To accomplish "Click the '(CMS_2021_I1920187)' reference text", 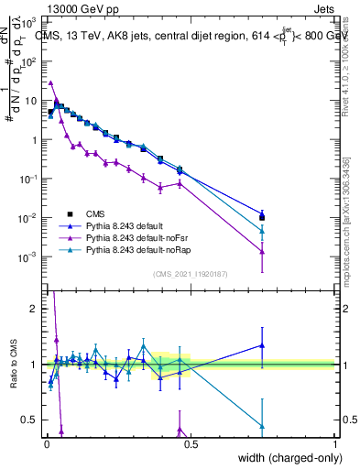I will click(x=191, y=274).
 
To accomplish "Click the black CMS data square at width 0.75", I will click(x=262, y=217).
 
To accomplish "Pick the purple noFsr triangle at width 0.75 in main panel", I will click(x=262, y=251).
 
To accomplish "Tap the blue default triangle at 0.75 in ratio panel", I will click(x=262, y=345).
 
